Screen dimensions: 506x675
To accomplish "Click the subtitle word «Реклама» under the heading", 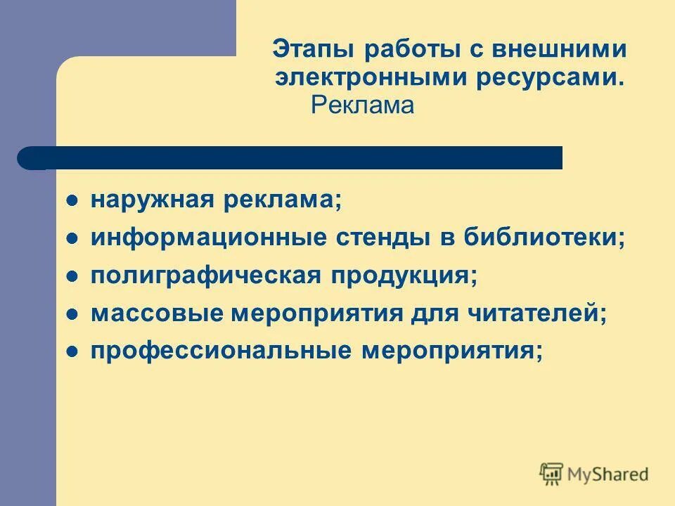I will pyautogui.click(x=363, y=105).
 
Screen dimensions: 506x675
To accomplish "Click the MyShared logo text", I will pyautogui.click(x=608, y=474).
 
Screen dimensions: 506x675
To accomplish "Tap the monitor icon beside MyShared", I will pyautogui.click(x=552, y=474).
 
